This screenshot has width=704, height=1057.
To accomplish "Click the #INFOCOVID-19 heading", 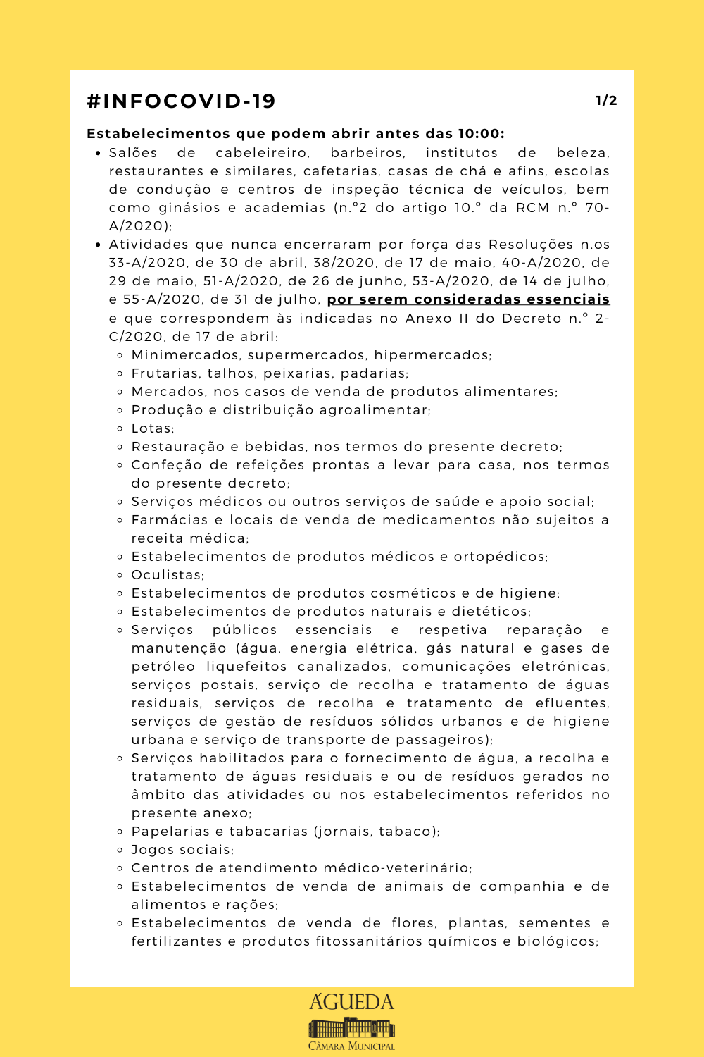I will pos(181,101).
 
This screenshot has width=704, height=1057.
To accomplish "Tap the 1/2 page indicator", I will pos(606,101).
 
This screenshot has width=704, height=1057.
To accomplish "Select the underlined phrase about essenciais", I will pos(468,299).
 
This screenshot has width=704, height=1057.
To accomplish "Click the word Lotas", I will pos(152,428).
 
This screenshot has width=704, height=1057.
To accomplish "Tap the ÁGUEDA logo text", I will pos(352,1002).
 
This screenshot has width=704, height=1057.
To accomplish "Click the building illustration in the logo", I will pos(352,1027).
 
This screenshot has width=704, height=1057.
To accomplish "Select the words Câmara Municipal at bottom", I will pos(352,1046).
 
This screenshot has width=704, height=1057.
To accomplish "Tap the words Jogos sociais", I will pos(182,850).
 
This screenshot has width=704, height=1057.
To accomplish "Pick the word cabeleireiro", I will pos(262,153).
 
